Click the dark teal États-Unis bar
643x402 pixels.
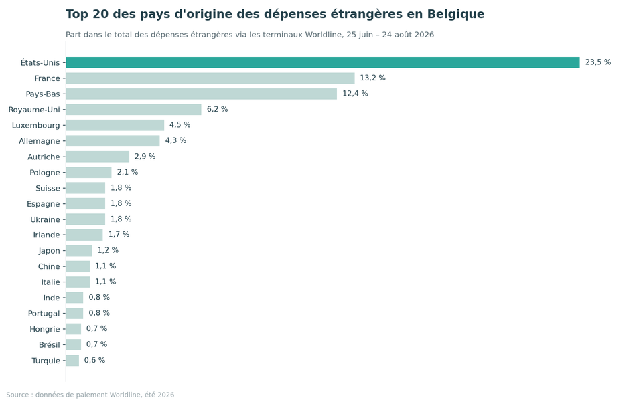tap(323, 62)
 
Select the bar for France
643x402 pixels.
tap(210, 78)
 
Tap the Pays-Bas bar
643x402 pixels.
tap(202, 94)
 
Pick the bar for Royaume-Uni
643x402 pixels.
tap(134, 109)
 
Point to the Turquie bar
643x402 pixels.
tap(72, 361)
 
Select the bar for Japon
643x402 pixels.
tap(79, 251)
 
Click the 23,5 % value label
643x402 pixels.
tap(598, 62)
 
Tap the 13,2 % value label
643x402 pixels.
tap(373, 78)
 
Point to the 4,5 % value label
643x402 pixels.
tap(180, 125)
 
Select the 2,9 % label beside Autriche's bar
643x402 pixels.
tap(145, 157)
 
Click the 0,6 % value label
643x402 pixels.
tap(94, 361)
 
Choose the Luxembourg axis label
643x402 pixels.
tap(35, 125)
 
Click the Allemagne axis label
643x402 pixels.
tap(40, 141)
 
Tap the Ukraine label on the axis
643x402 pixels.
tap(45, 220)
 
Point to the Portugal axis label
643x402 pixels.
tap(44, 314)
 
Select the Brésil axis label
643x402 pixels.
tap(49, 345)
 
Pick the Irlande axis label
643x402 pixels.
tap(46, 235)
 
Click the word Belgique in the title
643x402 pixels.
tap(455, 14)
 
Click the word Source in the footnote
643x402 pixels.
tap(17, 395)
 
